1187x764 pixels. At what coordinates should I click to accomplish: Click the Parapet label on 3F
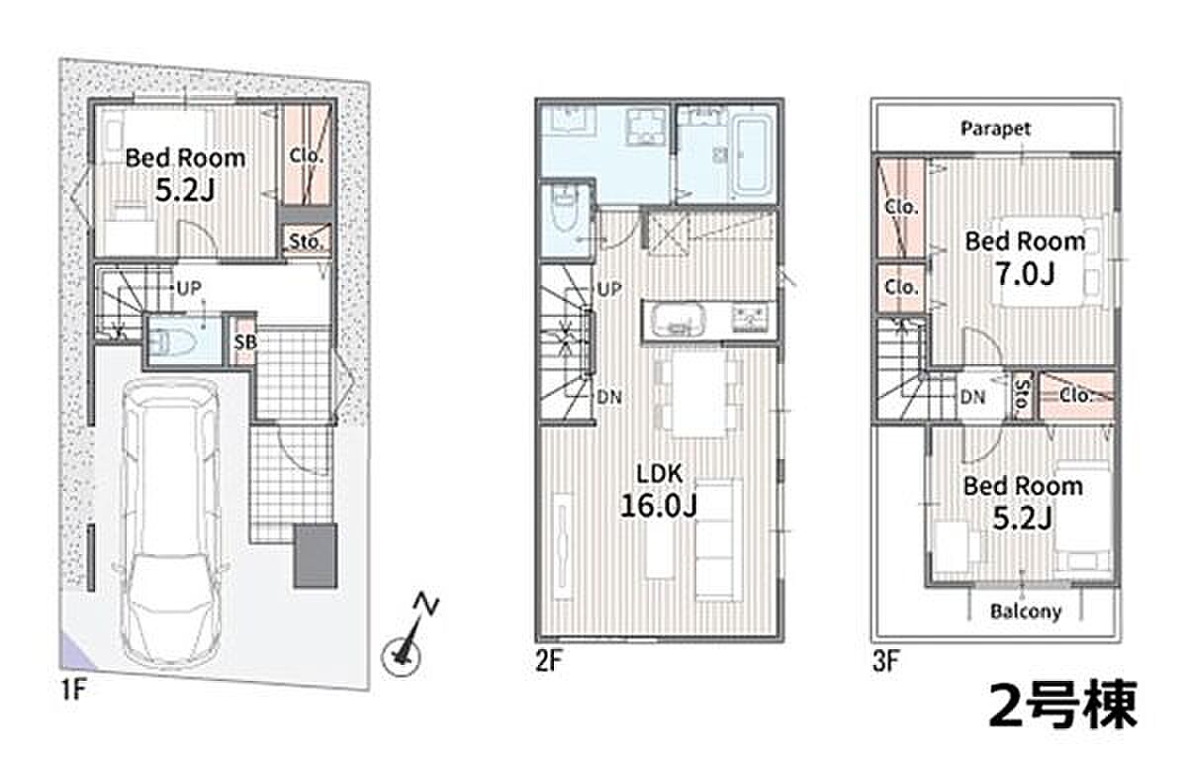point(996,129)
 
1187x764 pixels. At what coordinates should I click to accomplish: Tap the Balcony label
point(1026,612)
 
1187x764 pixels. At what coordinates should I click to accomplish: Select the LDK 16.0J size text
point(658,506)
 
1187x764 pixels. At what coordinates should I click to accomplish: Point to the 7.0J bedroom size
point(1026,274)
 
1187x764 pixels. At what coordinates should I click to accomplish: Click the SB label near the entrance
point(245,342)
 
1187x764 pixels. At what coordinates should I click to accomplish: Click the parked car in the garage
point(170,523)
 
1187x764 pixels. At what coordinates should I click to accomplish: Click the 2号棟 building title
point(1062,706)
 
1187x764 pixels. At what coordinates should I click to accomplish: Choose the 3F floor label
point(885,661)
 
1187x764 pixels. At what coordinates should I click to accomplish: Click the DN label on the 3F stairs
point(972,397)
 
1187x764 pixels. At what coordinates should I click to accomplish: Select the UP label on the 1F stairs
point(189,288)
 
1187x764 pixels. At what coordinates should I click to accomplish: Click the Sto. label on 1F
point(306,241)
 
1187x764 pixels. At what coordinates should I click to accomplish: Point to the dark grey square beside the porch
point(316,555)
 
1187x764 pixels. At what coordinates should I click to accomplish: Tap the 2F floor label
point(548,661)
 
